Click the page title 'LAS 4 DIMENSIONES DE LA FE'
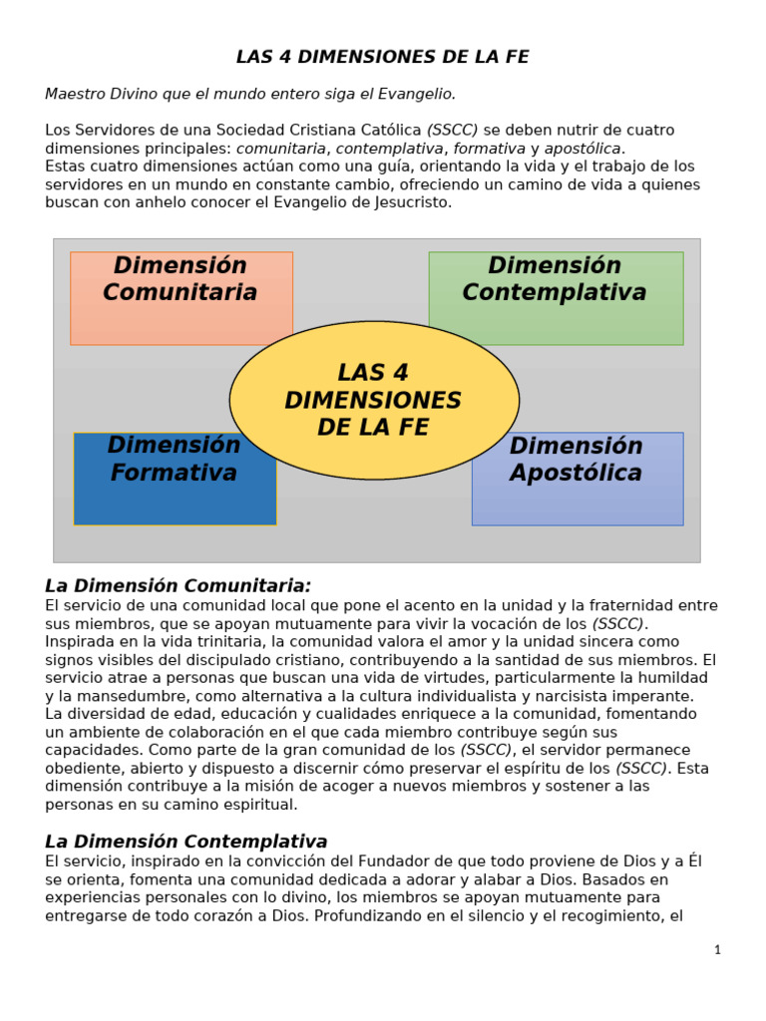(x=382, y=58)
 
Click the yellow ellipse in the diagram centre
(x=374, y=400)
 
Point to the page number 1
(x=717, y=950)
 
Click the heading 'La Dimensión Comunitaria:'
(x=179, y=586)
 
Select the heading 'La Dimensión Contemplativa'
(x=187, y=842)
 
